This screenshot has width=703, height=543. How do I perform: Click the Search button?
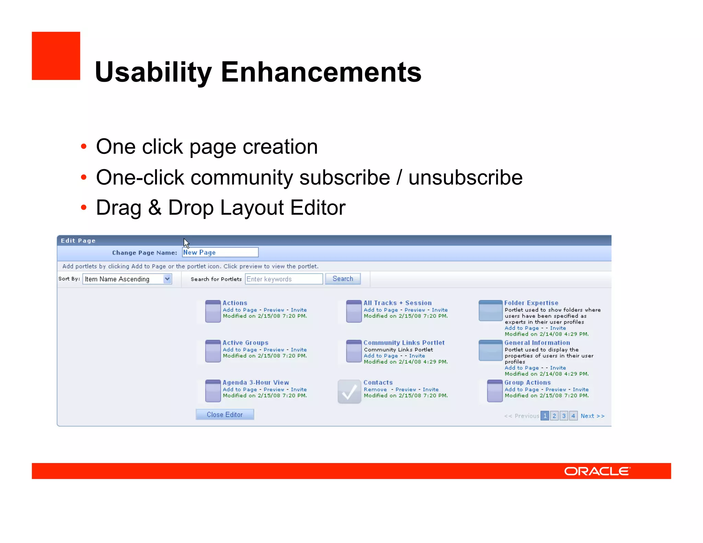pyautogui.click(x=343, y=279)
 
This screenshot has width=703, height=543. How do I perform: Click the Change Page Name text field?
pyautogui.click(x=220, y=252)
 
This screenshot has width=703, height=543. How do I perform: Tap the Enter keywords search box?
pyautogui.click(x=284, y=279)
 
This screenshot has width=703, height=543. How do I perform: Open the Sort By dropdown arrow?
pyautogui.click(x=167, y=279)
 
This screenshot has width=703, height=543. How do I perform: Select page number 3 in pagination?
pyautogui.click(x=564, y=416)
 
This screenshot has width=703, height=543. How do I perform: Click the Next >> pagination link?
pyautogui.click(x=592, y=416)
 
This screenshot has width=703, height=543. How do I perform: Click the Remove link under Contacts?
pyautogui.click(x=375, y=390)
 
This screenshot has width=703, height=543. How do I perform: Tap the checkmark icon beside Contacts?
pyautogui.click(x=349, y=392)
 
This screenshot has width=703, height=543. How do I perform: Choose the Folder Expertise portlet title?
pyautogui.click(x=531, y=303)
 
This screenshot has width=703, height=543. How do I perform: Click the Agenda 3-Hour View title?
pyautogui.click(x=256, y=382)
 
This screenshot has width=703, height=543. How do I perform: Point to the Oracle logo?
pyautogui.click(x=597, y=471)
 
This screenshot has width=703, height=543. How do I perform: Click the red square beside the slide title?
pyautogui.click(x=56, y=56)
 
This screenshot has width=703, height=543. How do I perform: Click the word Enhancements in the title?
pyautogui.click(x=321, y=72)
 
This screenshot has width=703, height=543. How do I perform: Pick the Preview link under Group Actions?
pyautogui.click(x=555, y=390)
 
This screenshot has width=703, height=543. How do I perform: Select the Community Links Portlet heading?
pyautogui.click(x=404, y=343)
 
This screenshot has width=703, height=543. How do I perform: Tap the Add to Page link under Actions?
pyautogui.click(x=240, y=310)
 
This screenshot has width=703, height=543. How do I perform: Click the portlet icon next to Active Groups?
pyautogui.click(x=213, y=351)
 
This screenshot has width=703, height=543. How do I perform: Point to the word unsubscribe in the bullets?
pyautogui.click(x=465, y=177)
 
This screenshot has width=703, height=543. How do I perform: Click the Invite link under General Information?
pyautogui.click(x=558, y=368)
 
